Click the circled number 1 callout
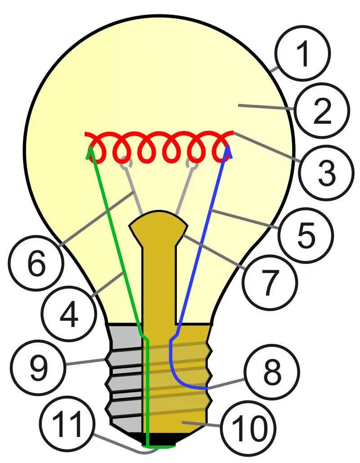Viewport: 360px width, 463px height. click(x=303, y=54)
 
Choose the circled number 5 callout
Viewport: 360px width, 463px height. click(x=306, y=235)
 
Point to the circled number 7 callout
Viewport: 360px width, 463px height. click(x=270, y=283)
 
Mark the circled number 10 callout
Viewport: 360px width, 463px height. click(x=248, y=427)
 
